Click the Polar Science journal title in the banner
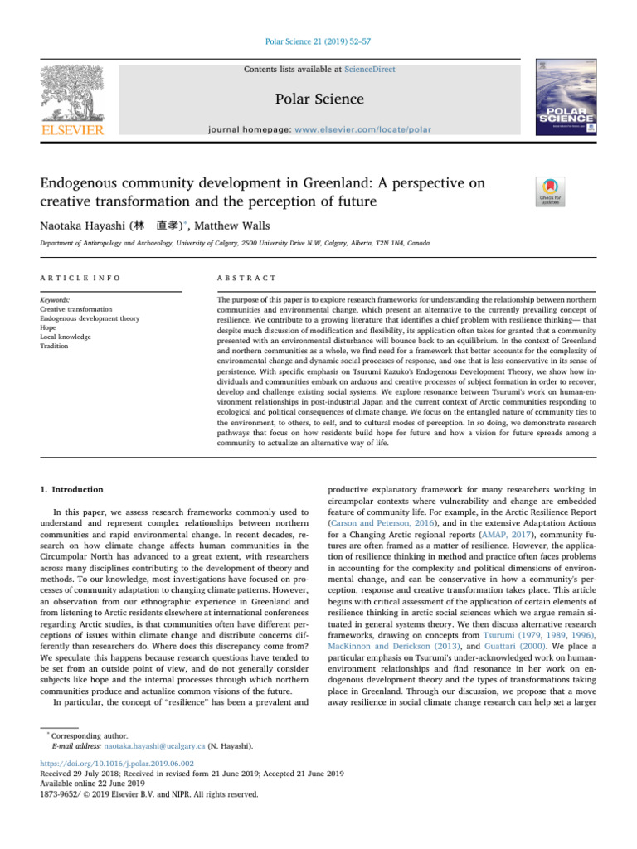point(318,99)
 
